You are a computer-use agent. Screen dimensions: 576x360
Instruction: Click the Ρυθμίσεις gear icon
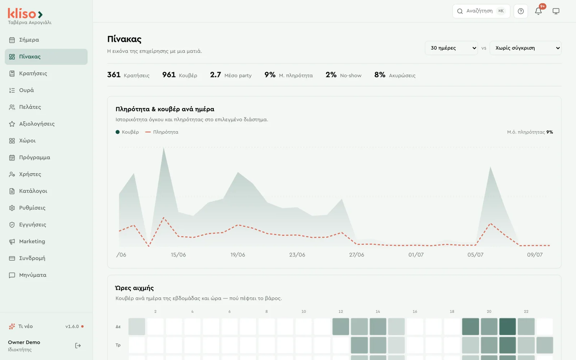pyautogui.click(x=12, y=208)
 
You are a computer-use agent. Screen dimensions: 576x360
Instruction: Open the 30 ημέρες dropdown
pyautogui.click(x=451, y=48)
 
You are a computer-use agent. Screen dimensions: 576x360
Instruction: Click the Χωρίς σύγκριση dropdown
pyautogui.click(x=525, y=48)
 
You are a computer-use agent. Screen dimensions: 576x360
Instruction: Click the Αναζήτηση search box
pyautogui.click(x=481, y=11)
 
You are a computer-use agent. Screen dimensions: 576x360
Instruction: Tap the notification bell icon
pyautogui.click(x=538, y=11)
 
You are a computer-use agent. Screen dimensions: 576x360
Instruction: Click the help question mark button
pyautogui.click(x=521, y=11)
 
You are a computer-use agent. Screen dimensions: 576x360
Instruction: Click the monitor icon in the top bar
pyautogui.click(x=556, y=11)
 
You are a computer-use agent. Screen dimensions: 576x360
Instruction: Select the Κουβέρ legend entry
pyautogui.click(x=127, y=132)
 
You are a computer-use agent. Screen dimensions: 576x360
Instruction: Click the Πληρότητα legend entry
pyautogui.click(x=162, y=132)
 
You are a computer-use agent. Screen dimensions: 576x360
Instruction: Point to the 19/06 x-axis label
pyautogui.click(x=238, y=255)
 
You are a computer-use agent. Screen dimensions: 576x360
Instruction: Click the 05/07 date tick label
pyautogui.click(x=476, y=255)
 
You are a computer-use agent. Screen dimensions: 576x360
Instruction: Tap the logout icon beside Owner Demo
pyautogui.click(x=78, y=346)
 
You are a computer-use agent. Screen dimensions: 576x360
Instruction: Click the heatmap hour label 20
pyautogui.click(x=489, y=312)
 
